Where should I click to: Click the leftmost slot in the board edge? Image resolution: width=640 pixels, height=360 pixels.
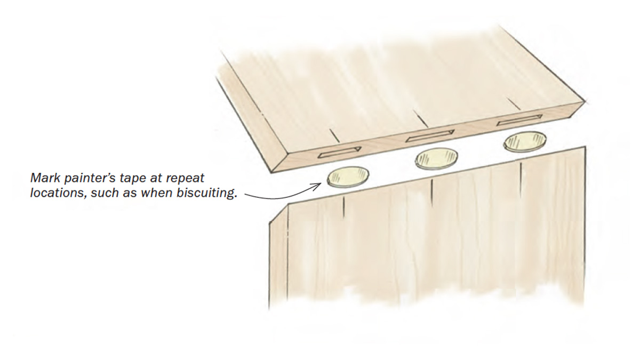339,153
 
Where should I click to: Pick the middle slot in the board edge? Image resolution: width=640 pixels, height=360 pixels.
429,136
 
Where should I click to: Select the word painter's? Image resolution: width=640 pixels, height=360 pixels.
91,178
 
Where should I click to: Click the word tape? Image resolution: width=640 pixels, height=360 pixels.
135,178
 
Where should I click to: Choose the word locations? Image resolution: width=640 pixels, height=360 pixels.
55,193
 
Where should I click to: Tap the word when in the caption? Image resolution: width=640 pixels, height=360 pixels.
155,193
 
